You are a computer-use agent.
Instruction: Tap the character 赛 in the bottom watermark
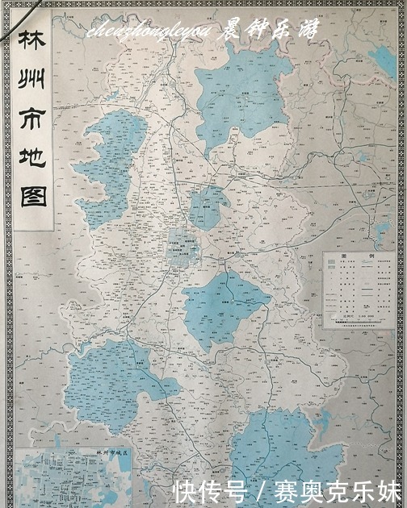pyautogui.click(x=286, y=489)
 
